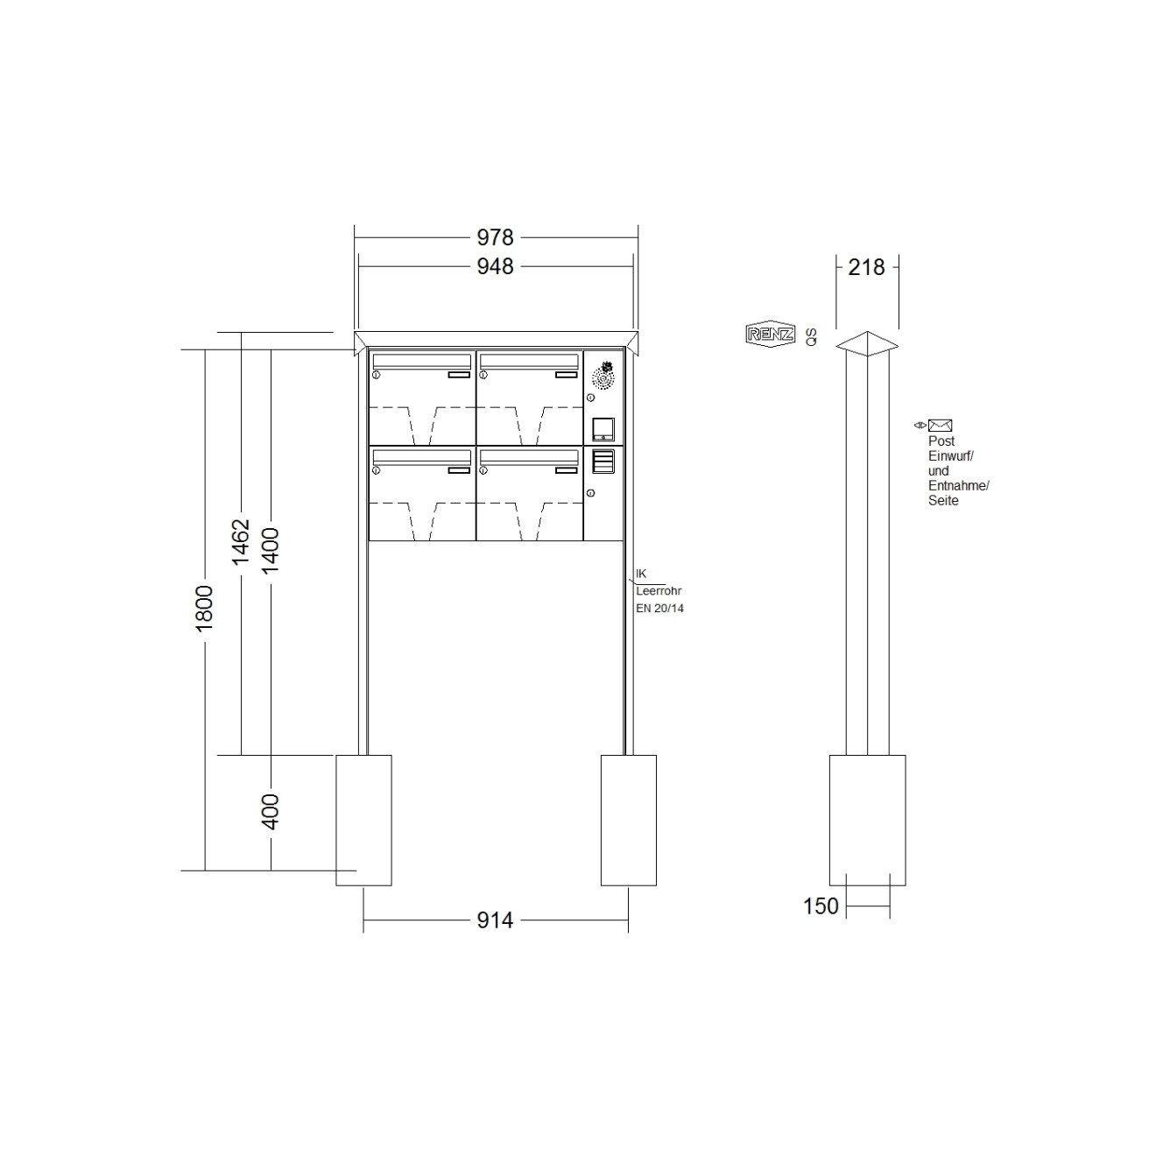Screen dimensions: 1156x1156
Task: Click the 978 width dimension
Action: click(495, 237)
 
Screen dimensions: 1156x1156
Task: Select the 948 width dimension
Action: click(495, 266)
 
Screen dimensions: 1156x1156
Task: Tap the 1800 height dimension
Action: click(205, 609)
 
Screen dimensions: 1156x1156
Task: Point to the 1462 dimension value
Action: click(241, 542)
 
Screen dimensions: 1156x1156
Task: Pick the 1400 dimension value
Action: click(271, 550)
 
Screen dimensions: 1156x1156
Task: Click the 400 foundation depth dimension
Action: click(271, 812)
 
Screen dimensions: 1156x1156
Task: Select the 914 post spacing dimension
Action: click(495, 920)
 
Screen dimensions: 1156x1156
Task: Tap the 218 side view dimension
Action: click(866, 267)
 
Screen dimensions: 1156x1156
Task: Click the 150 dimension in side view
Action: click(821, 906)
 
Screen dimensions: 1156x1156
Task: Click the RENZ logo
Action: click(771, 335)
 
